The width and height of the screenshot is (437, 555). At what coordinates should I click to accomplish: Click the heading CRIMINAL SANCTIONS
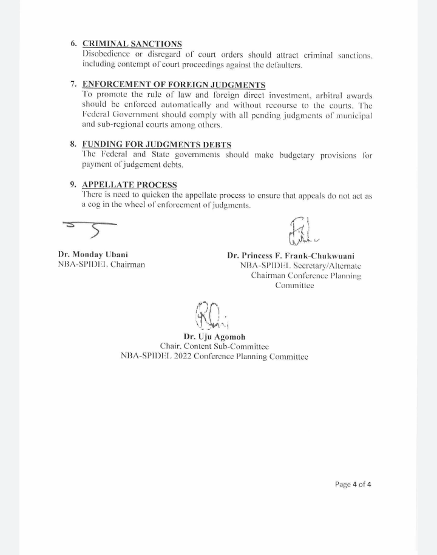(x=132, y=44)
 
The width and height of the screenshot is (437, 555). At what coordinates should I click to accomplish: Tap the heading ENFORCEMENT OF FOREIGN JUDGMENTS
(x=174, y=84)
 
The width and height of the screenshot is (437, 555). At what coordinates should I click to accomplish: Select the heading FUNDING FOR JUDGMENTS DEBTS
(x=156, y=144)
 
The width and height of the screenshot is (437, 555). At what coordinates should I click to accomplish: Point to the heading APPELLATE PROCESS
(x=129, y=184)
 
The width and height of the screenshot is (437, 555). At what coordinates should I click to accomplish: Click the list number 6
(x=74, y=44)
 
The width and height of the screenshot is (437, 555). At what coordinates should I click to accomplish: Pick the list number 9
(x=74, y=184)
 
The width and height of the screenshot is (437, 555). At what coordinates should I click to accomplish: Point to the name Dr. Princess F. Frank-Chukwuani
(x=295, y=255)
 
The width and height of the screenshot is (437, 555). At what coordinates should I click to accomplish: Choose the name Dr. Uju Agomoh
(x=214, y=336)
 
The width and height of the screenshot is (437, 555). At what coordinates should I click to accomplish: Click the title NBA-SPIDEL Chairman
(x=101, y=266)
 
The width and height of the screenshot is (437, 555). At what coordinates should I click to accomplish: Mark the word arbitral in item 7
(x=324, y=95)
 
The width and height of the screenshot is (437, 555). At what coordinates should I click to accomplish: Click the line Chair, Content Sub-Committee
(x=214, y=346)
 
